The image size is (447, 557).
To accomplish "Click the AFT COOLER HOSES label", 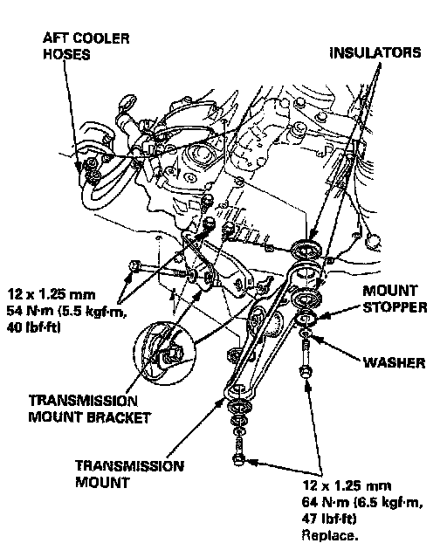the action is click(86, 46).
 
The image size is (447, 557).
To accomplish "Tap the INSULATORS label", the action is click(375, 52).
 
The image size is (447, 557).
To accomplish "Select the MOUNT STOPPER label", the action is click(395, 299).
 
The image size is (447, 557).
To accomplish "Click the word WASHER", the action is click(394, 362).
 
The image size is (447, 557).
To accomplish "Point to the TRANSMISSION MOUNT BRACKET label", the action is click(90, 409).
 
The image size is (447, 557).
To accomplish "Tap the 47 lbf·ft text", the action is click(329, 519).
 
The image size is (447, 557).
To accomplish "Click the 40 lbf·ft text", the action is click(33, 327).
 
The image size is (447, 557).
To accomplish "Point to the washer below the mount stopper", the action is click(306, 334).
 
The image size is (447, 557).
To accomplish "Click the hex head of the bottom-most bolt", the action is click(238, 460).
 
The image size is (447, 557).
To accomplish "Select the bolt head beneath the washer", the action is click(306, 372).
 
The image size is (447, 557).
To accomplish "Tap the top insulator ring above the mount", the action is click(306, 248).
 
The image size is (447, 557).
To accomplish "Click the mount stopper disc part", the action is click(306, 319).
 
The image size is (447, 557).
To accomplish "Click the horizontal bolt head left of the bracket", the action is click(135, 265).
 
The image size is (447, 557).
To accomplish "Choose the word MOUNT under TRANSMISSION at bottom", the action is click(102, 483).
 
